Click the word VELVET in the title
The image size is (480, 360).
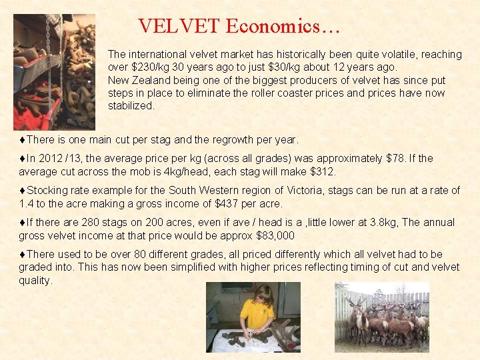(x=179, y=27)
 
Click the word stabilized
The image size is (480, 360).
(x=131, y=105)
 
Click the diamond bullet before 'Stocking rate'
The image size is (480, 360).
(x=22, y=191)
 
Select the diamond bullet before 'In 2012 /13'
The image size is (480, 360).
(x=22, y=159)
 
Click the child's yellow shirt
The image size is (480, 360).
(x=257, y=314)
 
